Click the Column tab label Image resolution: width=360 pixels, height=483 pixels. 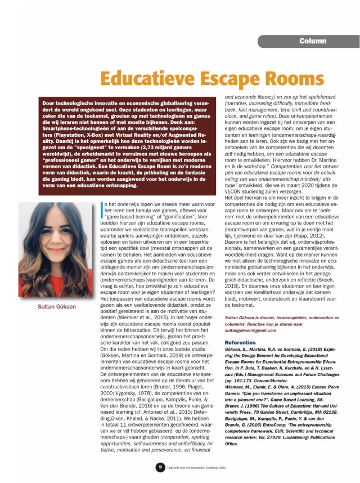tap(312, 41)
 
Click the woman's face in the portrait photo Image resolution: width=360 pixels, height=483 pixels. tap(57, 237)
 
